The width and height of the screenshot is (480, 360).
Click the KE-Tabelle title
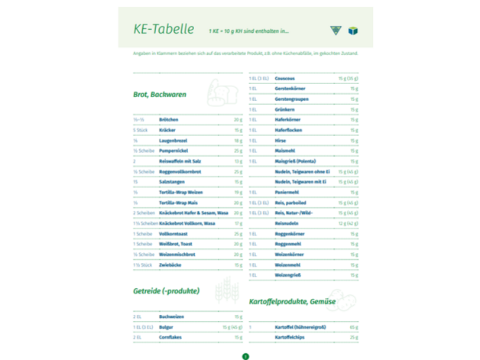[163, 30]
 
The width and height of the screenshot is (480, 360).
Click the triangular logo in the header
[334, 31]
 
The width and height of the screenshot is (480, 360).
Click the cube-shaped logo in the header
[352, 31]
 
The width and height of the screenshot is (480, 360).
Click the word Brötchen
[169, 120]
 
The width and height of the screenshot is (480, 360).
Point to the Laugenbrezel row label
[174, 141]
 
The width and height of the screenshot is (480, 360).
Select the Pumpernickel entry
[174, 151]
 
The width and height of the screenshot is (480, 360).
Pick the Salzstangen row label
[172, 182]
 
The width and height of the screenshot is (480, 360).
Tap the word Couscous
[285, 79]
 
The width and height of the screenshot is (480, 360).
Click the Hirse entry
[281, 141]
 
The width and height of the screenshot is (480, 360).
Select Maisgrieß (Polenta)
[294, 161]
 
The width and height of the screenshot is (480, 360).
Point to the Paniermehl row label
[287, 193]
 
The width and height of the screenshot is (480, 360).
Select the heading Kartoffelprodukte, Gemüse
[292, 302]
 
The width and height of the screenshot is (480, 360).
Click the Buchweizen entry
[173, 316]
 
